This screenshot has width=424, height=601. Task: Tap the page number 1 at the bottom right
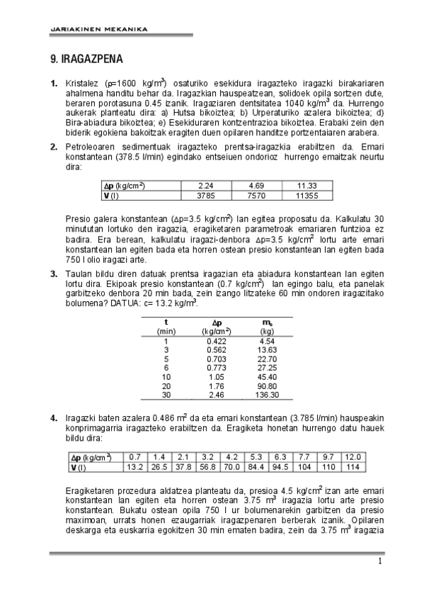pyautogui.click(x=379, y=562)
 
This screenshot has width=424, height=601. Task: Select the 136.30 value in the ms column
pyautogui.click(x=268, y=395)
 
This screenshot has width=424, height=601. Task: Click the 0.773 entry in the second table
pyautogui.click(x=217, y=368)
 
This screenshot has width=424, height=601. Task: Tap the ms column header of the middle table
pyautogui.click(x=267, y=322)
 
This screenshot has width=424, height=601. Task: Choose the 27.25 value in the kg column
pyautogui.click(x=267, y=368)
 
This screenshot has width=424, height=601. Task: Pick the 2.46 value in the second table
pyautogui.click(x=217, y=395)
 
